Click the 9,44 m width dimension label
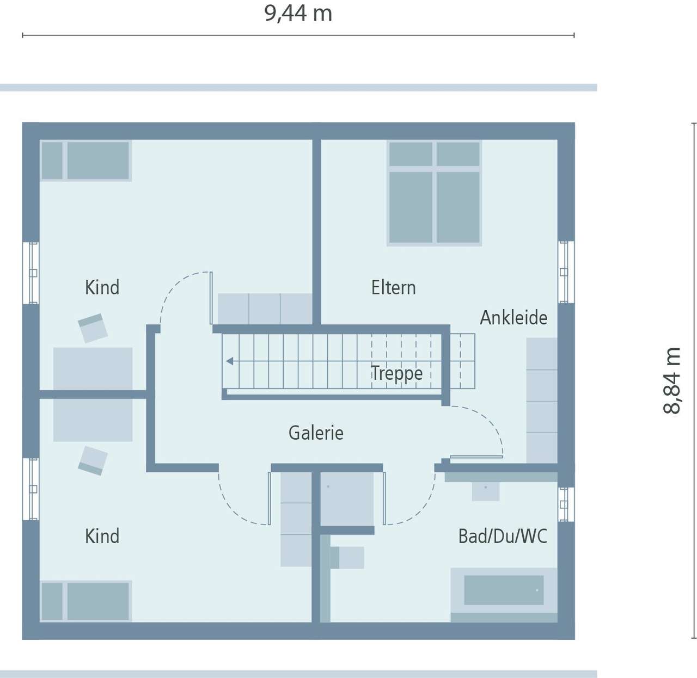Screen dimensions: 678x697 click(x=298, y=14)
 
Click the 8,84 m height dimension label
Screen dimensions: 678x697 click(x=672, y=380)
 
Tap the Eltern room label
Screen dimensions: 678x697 click(x=393, y=287)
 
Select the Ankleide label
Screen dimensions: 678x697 click(x=513, y=318)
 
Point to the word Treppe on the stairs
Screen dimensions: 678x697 click(x=396, y=373)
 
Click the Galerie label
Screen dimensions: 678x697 click(x=316, y=433)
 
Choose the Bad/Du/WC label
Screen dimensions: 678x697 click(x=502, y=537)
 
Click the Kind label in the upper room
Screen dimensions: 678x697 click(x=102, y=287)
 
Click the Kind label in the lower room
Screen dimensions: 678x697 click(x=102, y=537)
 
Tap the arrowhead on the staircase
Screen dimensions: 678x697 click(x=230, y=361)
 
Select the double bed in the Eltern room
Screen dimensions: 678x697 click(x=434, y=193)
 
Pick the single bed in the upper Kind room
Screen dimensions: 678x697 click(x=85, y=161)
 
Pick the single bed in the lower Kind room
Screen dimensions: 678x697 click(x=85, y=601)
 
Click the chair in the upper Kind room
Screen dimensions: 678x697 click(x=93, y=328)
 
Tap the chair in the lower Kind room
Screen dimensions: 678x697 click(x=93, y=460)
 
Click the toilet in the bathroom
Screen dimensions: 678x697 click(x=346, y=558)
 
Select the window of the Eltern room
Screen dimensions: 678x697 click(x=564, y=272)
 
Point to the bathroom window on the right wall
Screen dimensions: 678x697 click(x=564, y=504)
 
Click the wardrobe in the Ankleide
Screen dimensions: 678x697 click(x=541, y=400)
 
